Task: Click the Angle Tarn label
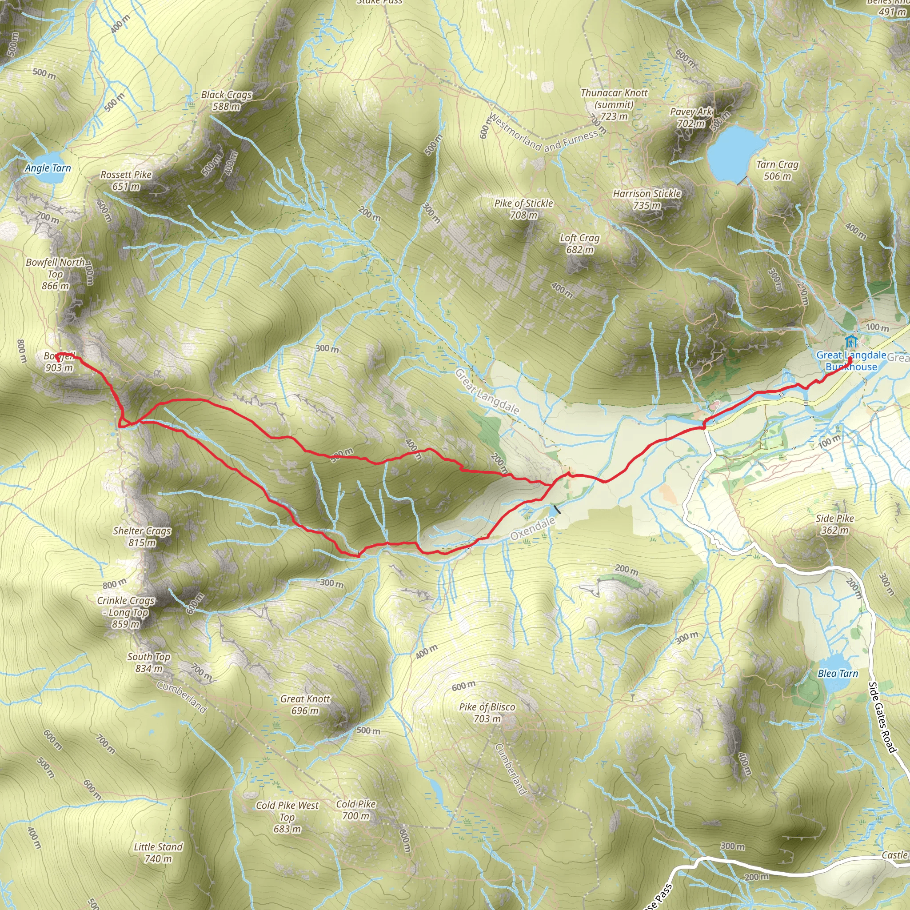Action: point(48,168)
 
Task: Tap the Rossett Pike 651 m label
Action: point(126,180)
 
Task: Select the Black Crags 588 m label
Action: point(227,100)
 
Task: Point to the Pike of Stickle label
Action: point(524,209)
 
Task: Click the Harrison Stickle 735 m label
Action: point(647,199)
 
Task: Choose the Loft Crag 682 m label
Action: point(579,243)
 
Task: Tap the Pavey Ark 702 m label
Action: point(691,117)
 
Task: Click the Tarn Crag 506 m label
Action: point(777,170)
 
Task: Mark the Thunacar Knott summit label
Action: point(614,104)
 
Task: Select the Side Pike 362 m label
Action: point(834,524)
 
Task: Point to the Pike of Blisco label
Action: point(487,713)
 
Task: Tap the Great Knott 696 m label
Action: point(305,705)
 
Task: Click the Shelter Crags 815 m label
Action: point(142,536)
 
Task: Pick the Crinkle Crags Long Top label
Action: point(126,612)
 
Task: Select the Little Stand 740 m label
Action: point(158,853)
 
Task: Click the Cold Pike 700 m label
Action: point(356,810)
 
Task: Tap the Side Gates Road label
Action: point(881,717)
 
